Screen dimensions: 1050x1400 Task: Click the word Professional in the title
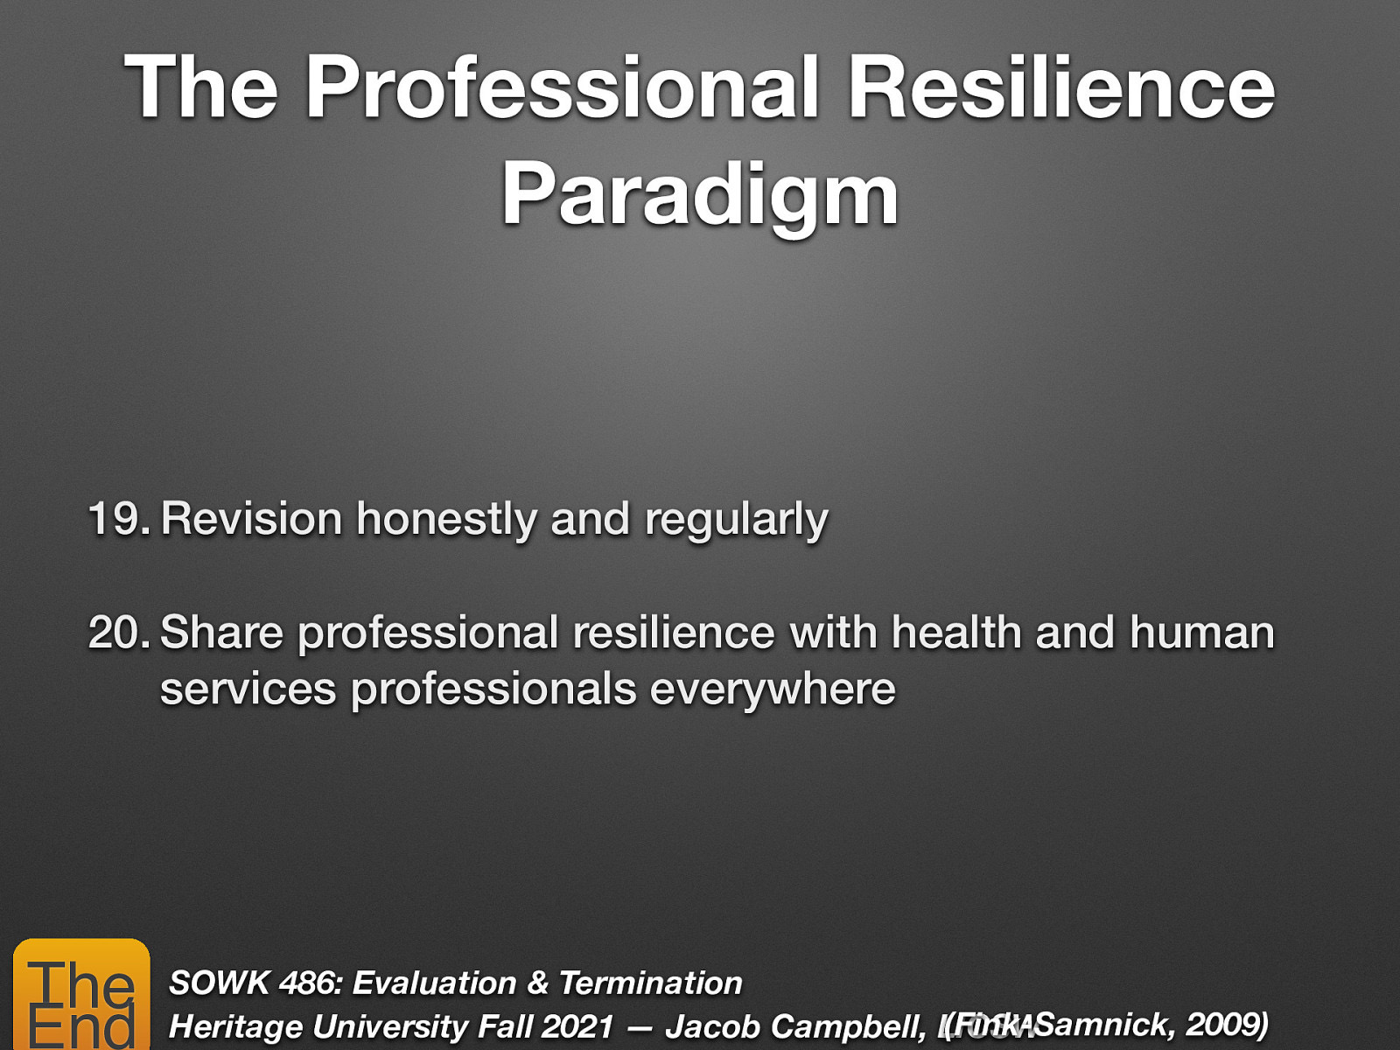[562, 87]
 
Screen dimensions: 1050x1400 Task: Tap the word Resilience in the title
[1060, 87]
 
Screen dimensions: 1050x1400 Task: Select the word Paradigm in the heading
[700, 194]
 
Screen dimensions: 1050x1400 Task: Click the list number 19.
[118, 519]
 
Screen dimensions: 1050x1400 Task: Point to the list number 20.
[118, 633]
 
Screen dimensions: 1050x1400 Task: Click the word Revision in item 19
[251, 519]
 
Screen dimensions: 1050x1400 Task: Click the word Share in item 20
[221, 633]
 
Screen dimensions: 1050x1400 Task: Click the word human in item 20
[1201, 633]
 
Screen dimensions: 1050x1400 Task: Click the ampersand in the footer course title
[537, 983]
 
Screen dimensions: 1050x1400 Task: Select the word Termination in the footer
[650, 983]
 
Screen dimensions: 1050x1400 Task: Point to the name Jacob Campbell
[792, 1026]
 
